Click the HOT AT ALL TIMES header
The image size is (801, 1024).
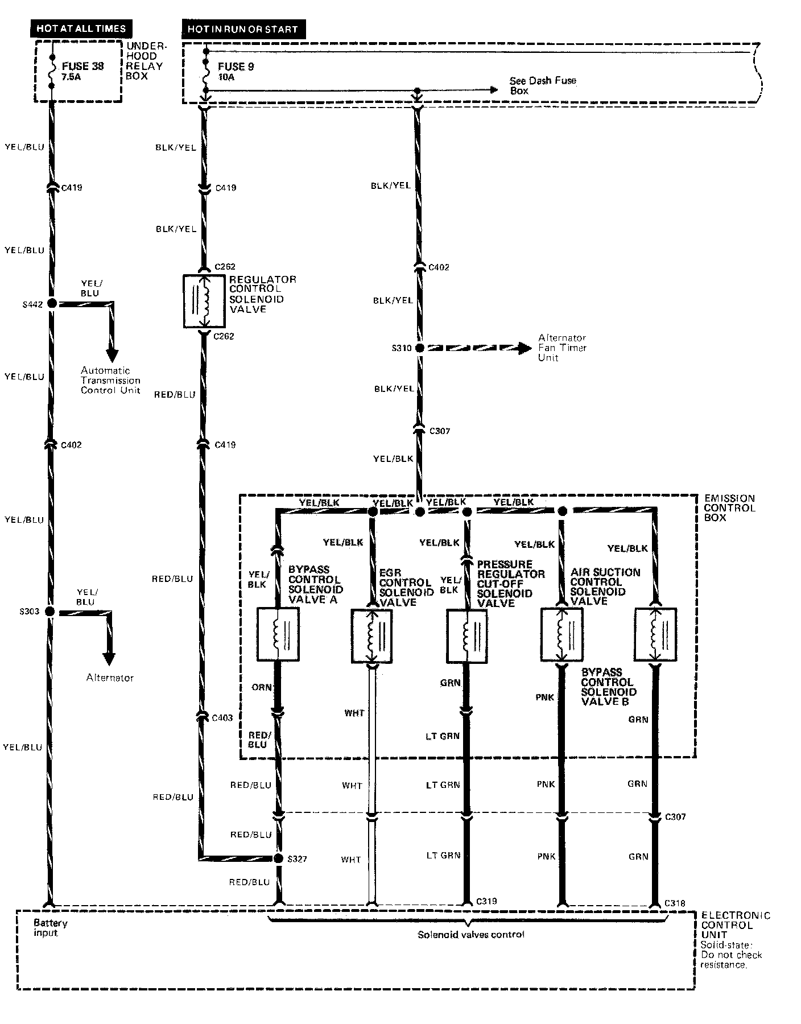[x=80, y=28]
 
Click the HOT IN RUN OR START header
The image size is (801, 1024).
[x=243, y=29]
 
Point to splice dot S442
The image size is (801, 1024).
[x=52, y=304]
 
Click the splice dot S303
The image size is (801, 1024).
[x=50, y=612]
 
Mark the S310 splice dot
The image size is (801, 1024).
[x=419, y=348]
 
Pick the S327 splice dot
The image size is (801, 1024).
[x=278, y=858]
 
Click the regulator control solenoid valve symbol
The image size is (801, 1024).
[x=204, y=302]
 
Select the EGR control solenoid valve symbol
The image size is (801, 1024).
[x=372, y=636]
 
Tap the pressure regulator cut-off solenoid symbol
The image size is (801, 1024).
[x=466, y=636]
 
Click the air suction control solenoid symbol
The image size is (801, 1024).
[x=561, y=634]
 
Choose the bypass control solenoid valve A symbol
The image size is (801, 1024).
[x=278, y=634]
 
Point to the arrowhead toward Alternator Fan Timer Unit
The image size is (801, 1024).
[x=525, y=348]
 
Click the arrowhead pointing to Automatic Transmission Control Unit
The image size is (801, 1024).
[x=112, y=356]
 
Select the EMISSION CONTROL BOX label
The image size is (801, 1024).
[x=729, y=507]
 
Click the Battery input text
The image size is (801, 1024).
[x=50, y=927]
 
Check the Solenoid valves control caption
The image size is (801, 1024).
[x=470, y=935]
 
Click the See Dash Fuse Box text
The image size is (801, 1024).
[x=542, y=85]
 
